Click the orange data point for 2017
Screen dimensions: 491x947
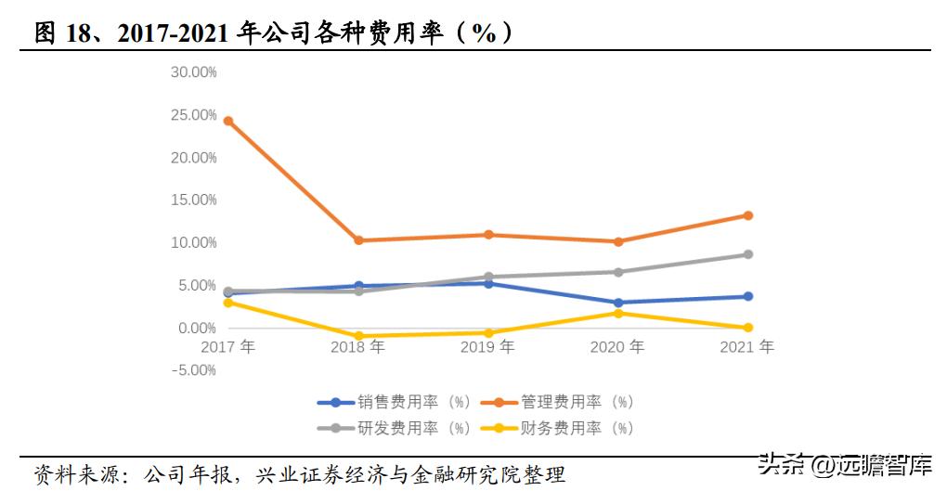(x=228, y=121)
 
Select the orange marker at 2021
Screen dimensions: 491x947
(x=748, y=215)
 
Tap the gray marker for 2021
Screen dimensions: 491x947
(x=748, y=254)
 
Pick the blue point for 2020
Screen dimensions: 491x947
(x=618, y=303)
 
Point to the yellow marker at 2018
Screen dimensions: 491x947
(x=358, y=336)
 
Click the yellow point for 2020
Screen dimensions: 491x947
(x=618, y=313)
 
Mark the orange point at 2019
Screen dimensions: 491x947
(x=488, y=235)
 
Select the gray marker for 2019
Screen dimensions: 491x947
(x=488, y=277)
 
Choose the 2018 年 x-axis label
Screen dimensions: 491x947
(x=358, y=347)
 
